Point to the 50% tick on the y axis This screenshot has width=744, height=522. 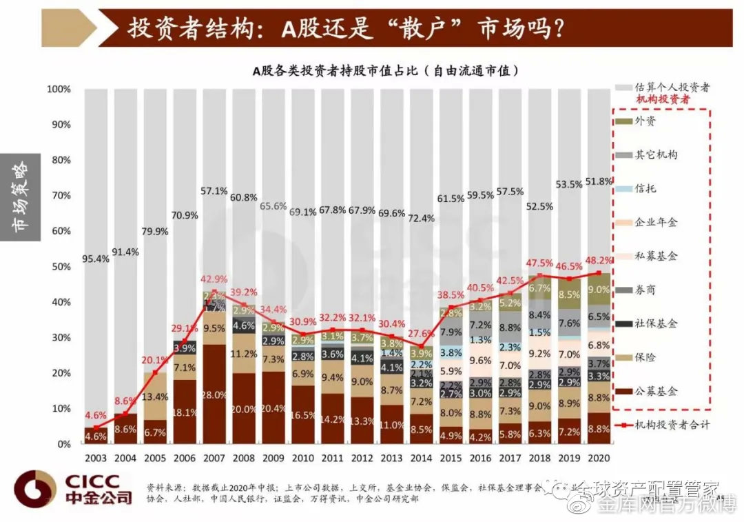coord(59,267)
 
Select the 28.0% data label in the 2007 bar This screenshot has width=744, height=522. coord(214,394)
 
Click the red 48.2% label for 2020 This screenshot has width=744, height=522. coord(598,261)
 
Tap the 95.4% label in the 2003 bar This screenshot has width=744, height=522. coord(96,259)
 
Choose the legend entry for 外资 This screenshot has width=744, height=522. coord(644,121)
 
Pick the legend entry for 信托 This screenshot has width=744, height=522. coord(644,188)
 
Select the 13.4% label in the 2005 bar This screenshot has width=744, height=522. coord(156,397)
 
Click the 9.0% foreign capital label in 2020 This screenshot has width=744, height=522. coord(598,290)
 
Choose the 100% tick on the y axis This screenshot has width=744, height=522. coord(59,90)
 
